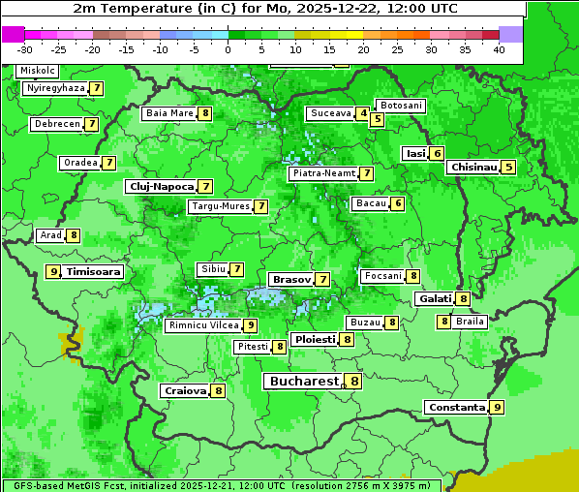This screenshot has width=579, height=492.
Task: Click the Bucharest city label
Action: coord(304,382)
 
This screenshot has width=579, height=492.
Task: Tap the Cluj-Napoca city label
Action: coord(161,186)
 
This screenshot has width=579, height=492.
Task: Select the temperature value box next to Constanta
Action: coord(497,408)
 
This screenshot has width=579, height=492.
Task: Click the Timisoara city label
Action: coord(94,272)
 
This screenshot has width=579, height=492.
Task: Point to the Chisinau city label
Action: coord(473,167)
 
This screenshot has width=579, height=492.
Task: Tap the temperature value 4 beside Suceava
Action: coord(362,113)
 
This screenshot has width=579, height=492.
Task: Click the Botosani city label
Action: coord(401,105)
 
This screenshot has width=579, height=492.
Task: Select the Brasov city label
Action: coord(291,279)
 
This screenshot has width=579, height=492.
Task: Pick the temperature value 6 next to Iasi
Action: coord(437,153)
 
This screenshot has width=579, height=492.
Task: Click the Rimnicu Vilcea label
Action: coord(202,325)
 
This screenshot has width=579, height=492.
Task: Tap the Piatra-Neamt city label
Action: coord(322,173)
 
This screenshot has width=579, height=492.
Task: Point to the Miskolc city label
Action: coord(38,71)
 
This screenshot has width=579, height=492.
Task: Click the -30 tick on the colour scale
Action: coord(25,49)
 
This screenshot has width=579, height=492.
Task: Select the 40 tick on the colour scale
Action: coord(499,49)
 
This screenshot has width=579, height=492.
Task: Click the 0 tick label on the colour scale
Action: coord(228,49)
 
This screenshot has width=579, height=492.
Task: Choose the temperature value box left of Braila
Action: coord(444,322)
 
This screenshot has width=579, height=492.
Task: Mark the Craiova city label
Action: coord(185,391)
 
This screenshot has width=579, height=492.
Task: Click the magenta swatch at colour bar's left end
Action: coord(14,33)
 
